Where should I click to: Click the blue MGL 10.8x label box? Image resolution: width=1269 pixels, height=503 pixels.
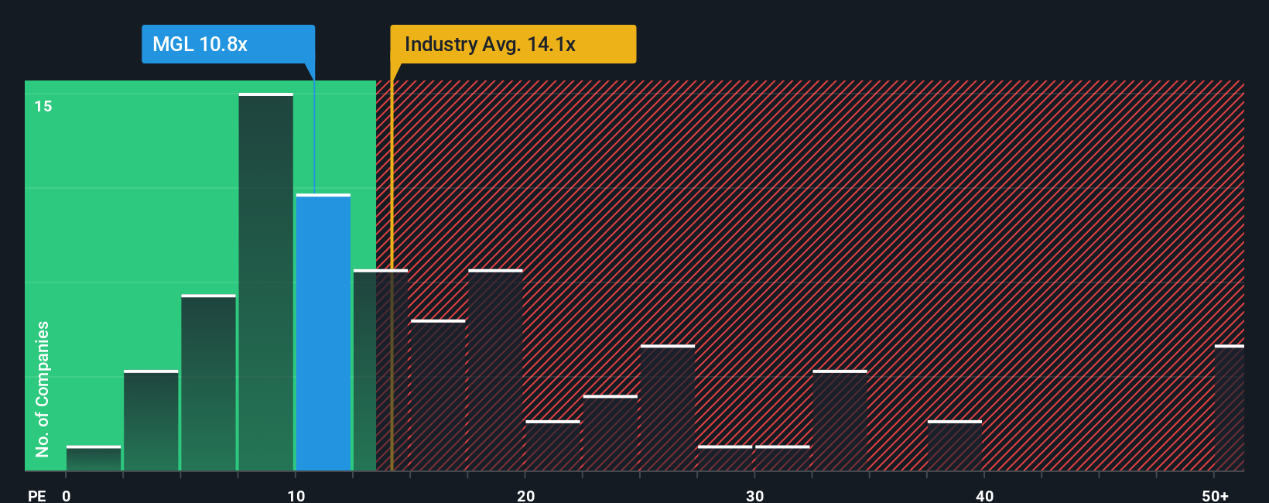(x=227, y=44)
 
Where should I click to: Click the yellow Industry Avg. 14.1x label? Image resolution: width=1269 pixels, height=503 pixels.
(x=512, y=44)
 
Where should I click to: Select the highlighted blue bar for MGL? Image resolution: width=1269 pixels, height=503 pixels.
(x=323, y=333)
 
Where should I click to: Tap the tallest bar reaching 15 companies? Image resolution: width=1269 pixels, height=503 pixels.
(x=266, y=282)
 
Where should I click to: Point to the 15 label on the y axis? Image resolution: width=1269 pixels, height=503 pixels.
(x=43, y=106)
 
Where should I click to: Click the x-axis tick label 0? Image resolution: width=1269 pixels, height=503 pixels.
(x=67, y=495)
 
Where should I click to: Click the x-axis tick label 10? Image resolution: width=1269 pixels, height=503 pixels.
(x=296, y=495)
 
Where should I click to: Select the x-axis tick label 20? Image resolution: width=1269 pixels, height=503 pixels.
(x=525, y=495)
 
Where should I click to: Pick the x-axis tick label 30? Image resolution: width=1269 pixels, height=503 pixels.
(x=754, y=495)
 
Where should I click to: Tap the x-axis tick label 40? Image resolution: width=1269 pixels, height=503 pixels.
(x=984, y=495)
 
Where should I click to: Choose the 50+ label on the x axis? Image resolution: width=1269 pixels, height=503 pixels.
(x=1215, y=495)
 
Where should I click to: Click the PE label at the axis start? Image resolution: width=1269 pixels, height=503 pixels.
(x=36, y=495)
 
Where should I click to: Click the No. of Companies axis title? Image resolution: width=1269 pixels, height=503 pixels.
(x=43, y=388)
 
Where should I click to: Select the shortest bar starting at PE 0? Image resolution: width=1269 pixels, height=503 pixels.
(x=94, y=458)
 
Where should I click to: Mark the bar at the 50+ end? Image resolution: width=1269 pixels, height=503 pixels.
(x=1229, y=408)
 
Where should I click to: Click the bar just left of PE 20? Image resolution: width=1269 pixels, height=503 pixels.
(x=495, y=370)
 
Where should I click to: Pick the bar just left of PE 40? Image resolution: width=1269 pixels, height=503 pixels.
(x=954, y=446)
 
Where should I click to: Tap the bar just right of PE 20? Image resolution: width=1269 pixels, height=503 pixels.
(x=552, y=446)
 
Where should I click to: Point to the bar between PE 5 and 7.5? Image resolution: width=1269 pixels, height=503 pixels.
(x=208, y=383)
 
